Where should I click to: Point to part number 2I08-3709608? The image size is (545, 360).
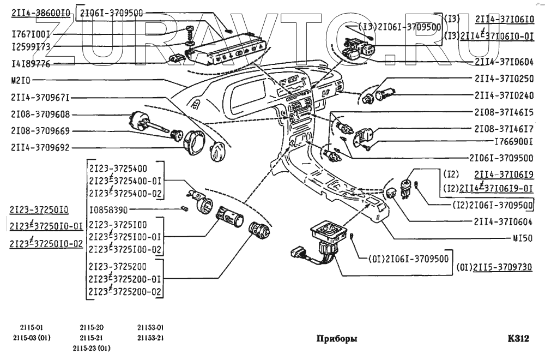pos(40,115)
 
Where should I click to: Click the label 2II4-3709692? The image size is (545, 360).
pos(40,147)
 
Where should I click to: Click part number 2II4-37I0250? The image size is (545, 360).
pos(504,79)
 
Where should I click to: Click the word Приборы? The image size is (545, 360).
pos(337,338)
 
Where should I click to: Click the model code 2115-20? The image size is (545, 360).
pos(92,328)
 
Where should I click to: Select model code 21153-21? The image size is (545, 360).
pos(150,338)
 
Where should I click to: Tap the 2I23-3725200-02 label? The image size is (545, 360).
pos(126,292)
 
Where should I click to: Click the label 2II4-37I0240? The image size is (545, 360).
pos(504,95)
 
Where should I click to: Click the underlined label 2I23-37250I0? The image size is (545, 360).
pos(39,209)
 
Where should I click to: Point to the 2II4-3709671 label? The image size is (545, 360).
pos(40,98)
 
